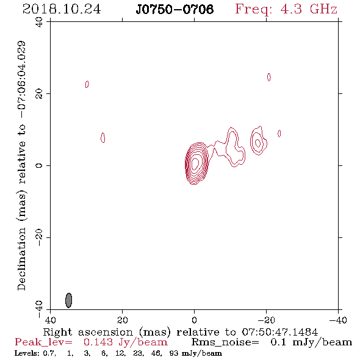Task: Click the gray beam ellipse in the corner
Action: [x=69, y=300]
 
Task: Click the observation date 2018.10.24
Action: [x=62, y=9]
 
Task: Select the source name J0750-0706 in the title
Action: [x=175, y=9]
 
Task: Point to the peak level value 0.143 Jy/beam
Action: [x=125, y=342]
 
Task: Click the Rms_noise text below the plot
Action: [x=225, y=342]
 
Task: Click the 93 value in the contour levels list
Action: [x=173, y=353]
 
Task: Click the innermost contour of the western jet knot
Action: [x=258, y=143]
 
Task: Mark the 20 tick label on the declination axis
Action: [x=39, y=94]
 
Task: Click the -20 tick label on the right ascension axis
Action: [x=266, y=320]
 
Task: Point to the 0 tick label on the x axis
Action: [x=194, y=320]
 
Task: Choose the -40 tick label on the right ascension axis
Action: [x=338, y=320]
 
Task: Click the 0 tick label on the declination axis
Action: [x=39, y=165]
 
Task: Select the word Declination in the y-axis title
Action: [x=21, y=259]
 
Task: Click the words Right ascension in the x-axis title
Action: [x=88, y=333]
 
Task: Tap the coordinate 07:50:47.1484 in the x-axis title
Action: [x=280, y=332]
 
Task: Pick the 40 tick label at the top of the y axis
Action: [x=39, y=22]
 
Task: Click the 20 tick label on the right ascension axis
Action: [x=123, y=320]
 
